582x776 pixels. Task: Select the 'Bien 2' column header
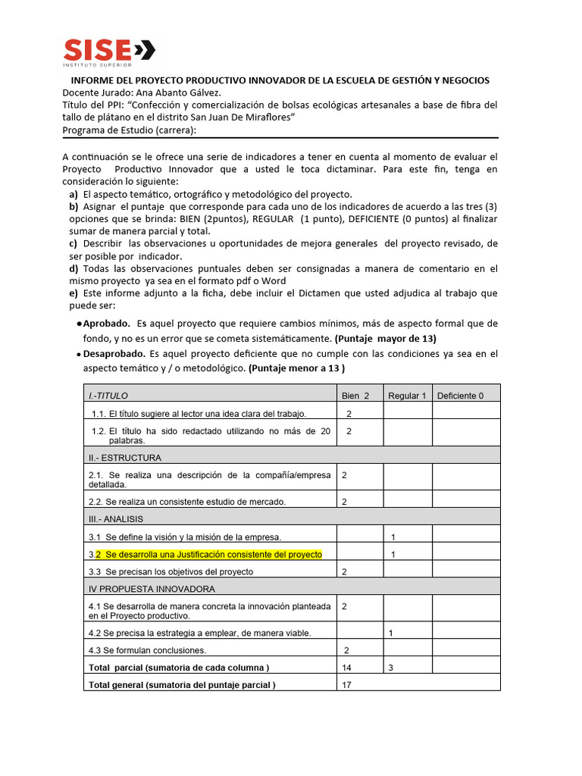355,396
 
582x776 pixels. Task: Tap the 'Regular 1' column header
407,396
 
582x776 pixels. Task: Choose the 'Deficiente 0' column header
460,396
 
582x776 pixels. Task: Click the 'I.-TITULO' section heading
109,396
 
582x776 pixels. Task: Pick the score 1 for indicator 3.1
393,537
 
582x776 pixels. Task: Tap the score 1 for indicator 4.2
390,633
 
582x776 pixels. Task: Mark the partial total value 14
347,668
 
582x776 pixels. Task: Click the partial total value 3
390,668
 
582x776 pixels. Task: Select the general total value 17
347,685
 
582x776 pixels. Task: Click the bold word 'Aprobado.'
107,324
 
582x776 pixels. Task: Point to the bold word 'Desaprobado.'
114,354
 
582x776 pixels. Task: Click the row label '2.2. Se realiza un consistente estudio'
187,502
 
